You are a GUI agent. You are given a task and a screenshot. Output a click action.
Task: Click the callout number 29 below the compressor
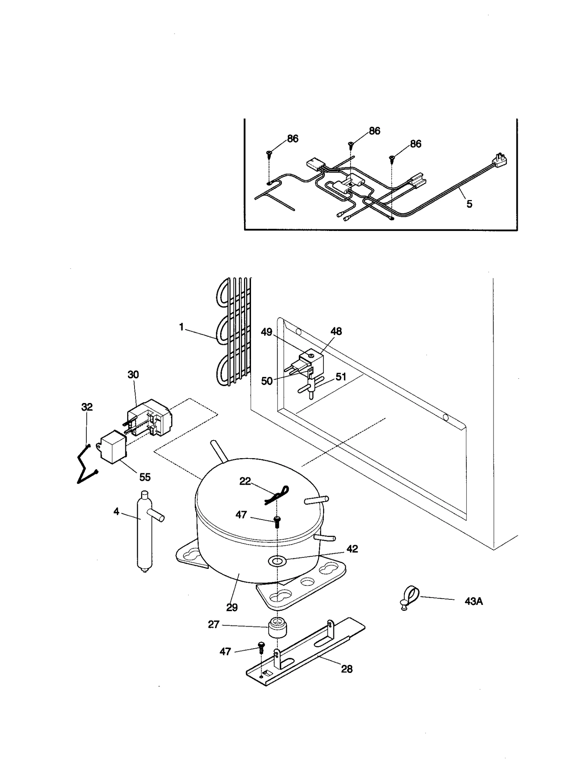(x=232, y=607)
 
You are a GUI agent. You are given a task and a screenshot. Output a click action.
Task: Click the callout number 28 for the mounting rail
(x=347, y=669)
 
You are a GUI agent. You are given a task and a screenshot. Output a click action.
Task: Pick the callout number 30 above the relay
(x=133, y=375)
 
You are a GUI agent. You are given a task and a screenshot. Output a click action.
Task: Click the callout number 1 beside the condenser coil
(x=181, y=327)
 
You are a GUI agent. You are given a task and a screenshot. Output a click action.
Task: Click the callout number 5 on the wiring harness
(x=469, y=204)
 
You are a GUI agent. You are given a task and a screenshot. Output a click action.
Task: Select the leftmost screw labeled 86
(x=270, y=154)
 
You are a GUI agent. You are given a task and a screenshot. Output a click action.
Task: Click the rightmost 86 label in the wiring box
(x=415, y=144)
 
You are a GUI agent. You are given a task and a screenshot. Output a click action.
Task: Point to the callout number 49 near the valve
(x=266, y=332)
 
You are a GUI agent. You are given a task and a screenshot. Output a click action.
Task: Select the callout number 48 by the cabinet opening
(x=336, y=331)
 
